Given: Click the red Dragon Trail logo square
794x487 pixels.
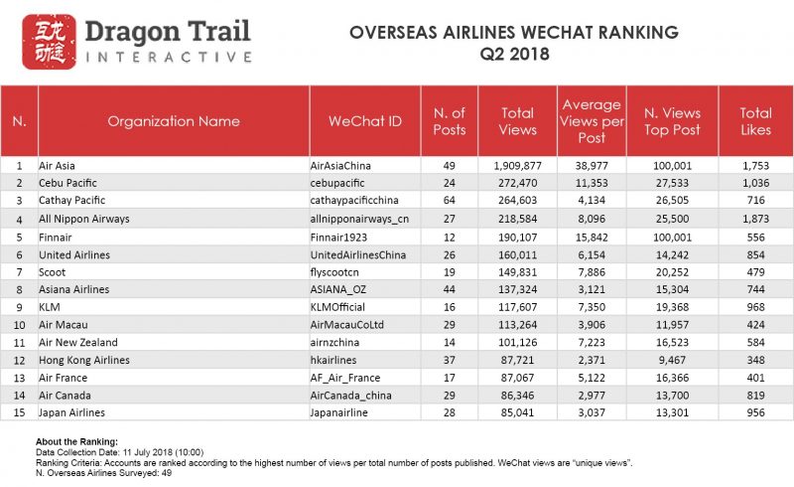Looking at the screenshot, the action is (49, 42).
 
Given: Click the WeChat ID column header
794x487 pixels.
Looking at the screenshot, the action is (365, 121).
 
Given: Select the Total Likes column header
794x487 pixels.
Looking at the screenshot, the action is (755, 121).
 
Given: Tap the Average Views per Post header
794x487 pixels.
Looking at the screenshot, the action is (592, 121).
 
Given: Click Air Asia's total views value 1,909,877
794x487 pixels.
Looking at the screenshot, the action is (517, 166).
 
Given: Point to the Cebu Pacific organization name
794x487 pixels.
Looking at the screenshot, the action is (67, 183).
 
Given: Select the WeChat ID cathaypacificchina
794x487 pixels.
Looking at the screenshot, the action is (354, 201).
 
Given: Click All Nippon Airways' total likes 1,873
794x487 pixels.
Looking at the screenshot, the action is (755, 219).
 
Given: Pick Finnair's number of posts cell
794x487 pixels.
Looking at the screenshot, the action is (450, 238).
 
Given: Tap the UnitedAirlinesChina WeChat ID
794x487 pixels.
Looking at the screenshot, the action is (358, 255).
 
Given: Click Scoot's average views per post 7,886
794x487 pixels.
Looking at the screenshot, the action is (592, 272).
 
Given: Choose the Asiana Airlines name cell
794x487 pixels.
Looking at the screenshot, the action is (73, 289).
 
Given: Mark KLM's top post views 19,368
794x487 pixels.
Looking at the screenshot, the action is (672, 307).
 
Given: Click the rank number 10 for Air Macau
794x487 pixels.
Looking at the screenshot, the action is (19, 325).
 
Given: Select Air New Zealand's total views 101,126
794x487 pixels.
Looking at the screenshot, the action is (517, 343).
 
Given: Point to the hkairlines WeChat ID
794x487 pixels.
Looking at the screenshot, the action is (333, 360).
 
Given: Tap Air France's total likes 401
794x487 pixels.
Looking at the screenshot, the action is (755, 378).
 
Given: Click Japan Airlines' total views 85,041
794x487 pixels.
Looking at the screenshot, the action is (517, 412).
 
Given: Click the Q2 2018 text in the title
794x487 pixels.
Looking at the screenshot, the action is (514, 54).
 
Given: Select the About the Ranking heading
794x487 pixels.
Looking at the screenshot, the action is (76, 442).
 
